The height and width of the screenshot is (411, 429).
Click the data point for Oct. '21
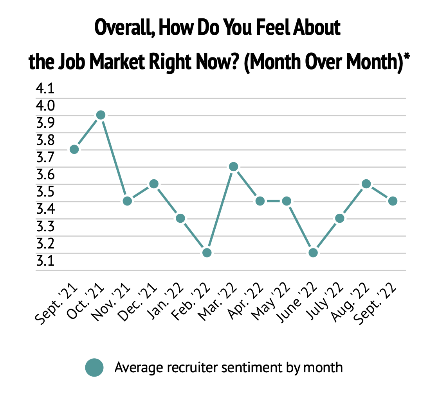click(x=101, y=115)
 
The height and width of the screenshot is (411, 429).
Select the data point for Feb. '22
click(x=207, y=253)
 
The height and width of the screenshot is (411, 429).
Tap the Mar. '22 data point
click(x=234, y=167)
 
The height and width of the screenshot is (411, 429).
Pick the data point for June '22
click(x=313, y=253)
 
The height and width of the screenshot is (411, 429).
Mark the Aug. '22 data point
click(x=366, y=184)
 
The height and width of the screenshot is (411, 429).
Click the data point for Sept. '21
click(x=74, y=149)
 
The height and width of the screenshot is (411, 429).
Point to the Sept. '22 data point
click(x=393, y=201)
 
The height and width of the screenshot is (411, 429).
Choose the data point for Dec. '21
click(x=154, y=184)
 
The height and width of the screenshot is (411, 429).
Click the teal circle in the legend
click(x=94, y=368)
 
